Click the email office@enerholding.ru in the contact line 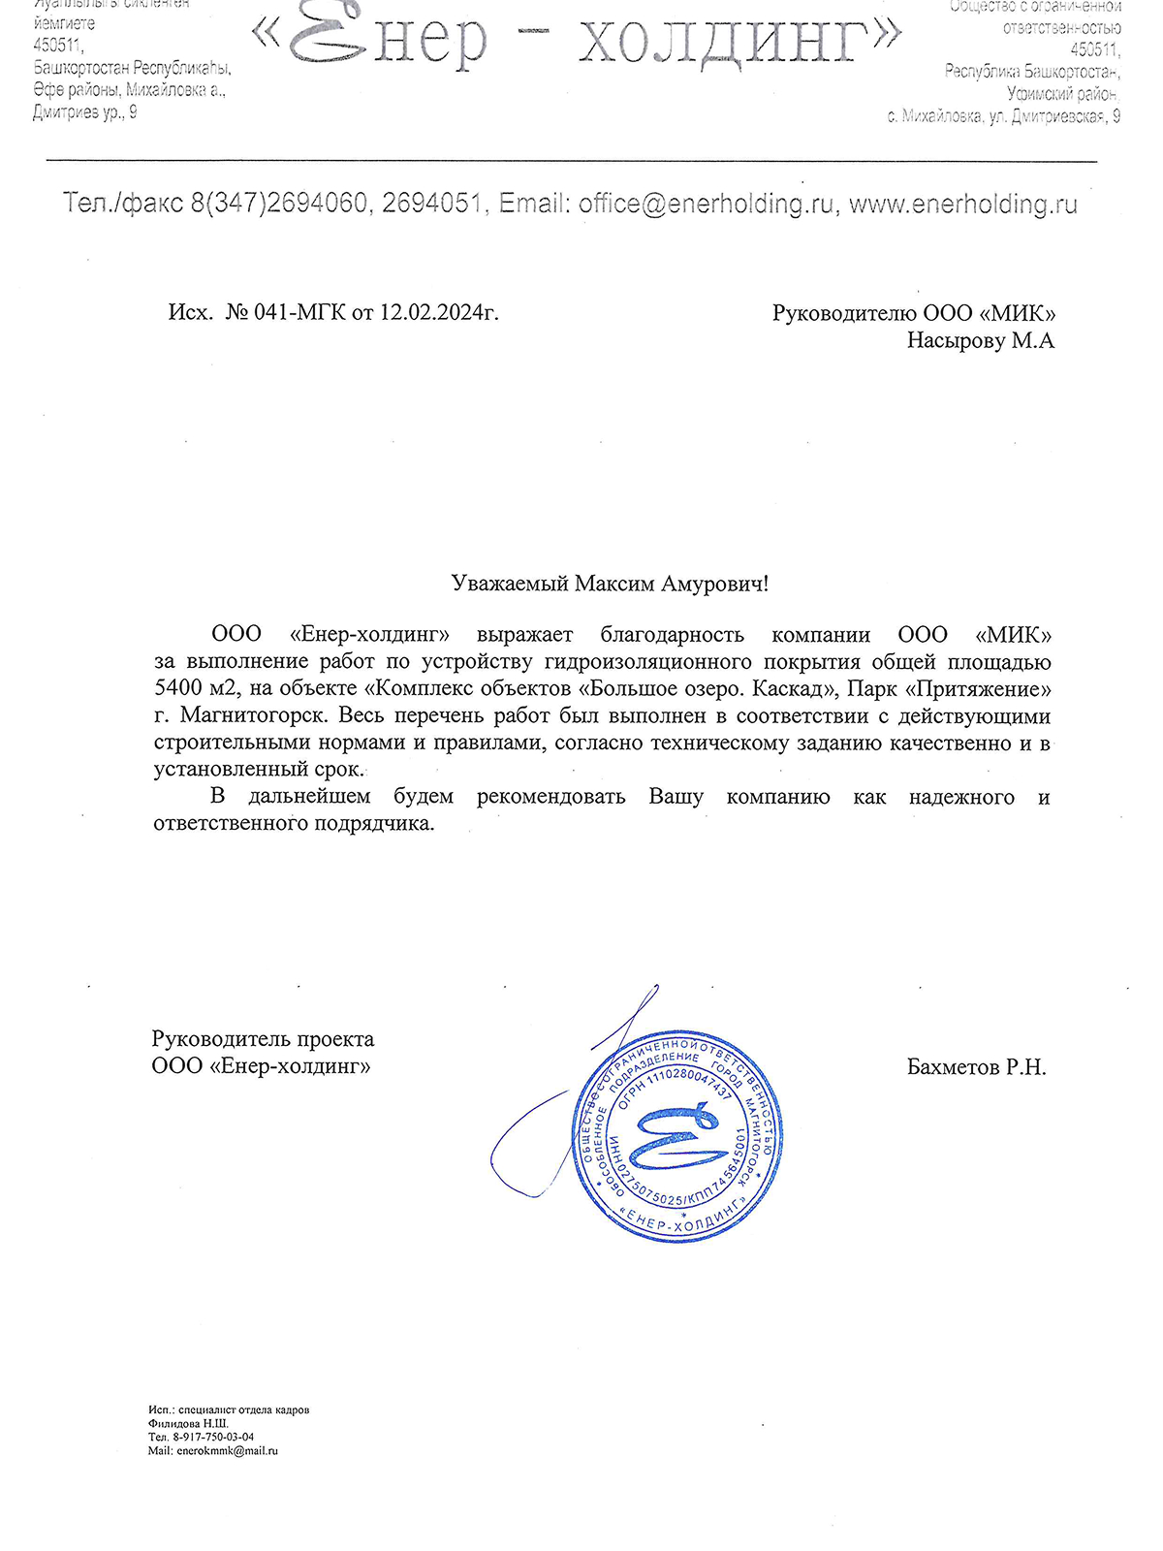point(707,205)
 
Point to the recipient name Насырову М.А point(980,340)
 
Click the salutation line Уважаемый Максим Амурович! point(610,584)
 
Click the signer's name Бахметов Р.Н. point(976,1067)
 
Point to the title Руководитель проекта point(263,1039)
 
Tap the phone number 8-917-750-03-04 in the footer point(214,1438)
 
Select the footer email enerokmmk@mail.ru point(227,1451)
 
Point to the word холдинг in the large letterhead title point(727,41)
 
